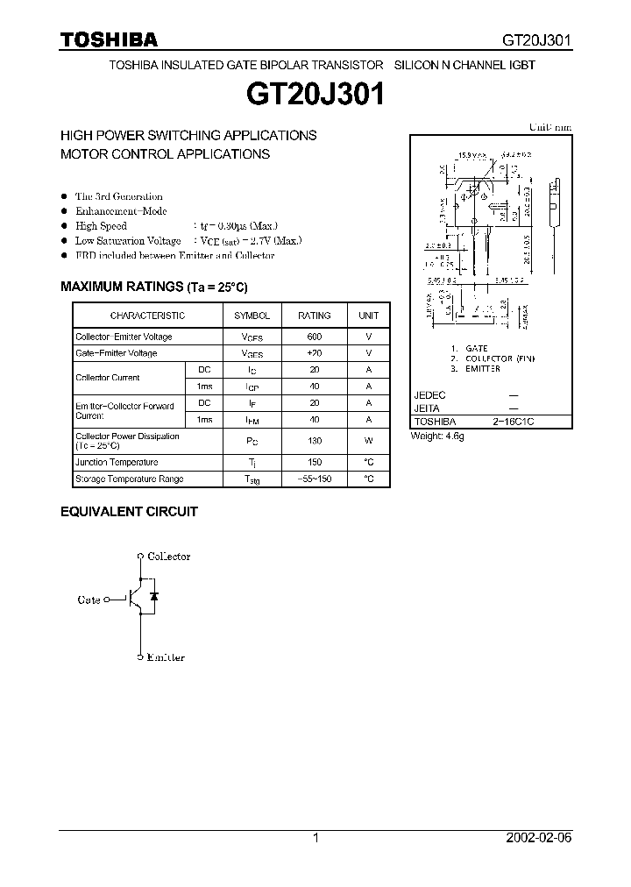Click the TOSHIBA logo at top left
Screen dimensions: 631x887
[109, 39]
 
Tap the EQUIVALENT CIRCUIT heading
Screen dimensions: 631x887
[129, 511]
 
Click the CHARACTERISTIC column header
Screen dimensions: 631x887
[147, 316]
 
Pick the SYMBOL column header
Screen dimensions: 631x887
[252, 316]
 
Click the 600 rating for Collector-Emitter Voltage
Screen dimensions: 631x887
[315, 337]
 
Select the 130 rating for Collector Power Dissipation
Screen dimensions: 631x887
[315, 441]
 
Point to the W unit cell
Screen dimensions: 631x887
[369, 441]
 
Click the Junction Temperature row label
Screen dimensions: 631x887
[117, 462]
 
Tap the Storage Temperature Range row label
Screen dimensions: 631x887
[129, 479]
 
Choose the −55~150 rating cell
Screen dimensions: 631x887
[315, 479]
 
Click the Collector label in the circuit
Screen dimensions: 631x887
[168, 557]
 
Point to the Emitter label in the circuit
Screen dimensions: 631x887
[166, 657]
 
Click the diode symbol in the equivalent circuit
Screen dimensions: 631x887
[154, 596]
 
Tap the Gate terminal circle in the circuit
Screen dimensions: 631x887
[107, 600]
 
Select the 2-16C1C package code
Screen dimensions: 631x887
[513, 422]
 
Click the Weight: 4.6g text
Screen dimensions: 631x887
[437, 436]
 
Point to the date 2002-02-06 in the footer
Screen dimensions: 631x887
[539, 838]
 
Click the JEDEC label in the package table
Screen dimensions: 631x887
[429, 395]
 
